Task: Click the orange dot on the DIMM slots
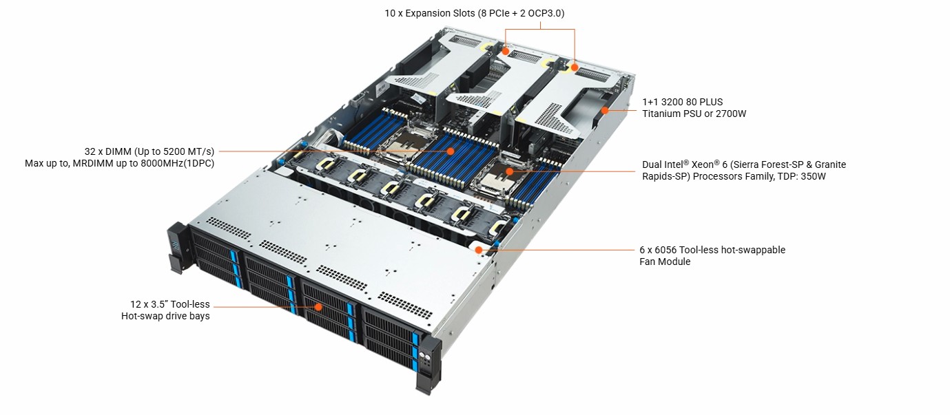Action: pyautogui.click(x=451, y=151)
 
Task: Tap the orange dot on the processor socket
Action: pyautogui.click(x=509, y=171)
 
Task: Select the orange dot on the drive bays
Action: pyautogui.click(x=318, y=307)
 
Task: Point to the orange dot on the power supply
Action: pyautogui.click(x=605, y=110)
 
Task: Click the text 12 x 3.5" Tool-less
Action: pyautogui.click(x=170, y=304)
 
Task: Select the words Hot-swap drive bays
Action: pyautogui.click(x=165, y=316)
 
